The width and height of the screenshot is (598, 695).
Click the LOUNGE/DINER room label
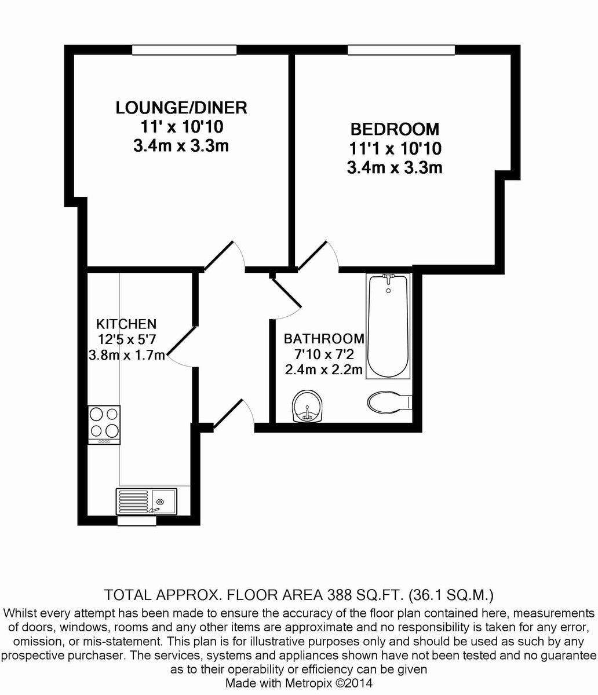pos(181,108)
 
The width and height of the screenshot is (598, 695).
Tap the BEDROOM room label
pos(394,129)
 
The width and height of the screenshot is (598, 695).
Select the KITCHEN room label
pos(126,324)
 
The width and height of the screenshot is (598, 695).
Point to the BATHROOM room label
pos(324,339)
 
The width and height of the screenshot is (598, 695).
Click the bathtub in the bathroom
pos(388,325)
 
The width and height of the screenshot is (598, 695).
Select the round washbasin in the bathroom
pos(307,406)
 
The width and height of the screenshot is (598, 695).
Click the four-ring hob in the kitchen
pos(104,423)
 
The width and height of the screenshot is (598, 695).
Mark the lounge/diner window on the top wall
pos(184,50)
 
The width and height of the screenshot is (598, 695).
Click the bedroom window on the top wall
pos(401,50)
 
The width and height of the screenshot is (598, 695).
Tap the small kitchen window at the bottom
pos(137,521)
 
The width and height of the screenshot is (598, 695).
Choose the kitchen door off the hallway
pos(181,346)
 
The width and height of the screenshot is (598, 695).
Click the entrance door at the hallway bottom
pos(233,414)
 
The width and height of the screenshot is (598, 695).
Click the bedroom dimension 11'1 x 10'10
pos(395,149)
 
